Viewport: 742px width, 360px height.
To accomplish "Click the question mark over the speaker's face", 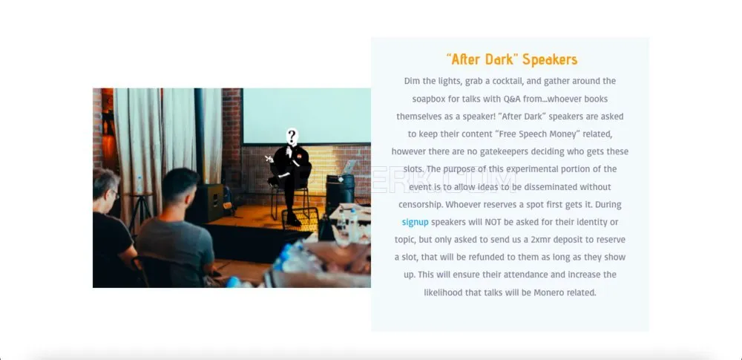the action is [x=292, y=137].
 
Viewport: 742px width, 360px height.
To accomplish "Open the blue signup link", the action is [x=415, y=222].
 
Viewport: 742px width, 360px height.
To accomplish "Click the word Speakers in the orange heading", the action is [x=550, y=59].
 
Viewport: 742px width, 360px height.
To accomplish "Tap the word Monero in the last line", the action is [x=549, y=292].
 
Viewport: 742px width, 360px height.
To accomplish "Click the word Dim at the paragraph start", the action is [x=412, y=81].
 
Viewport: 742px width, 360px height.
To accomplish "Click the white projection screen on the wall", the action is [x=306, y=116].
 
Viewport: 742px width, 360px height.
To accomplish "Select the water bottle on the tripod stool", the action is [x=139, y=185].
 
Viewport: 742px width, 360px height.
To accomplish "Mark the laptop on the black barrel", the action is [x=349, y=168].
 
